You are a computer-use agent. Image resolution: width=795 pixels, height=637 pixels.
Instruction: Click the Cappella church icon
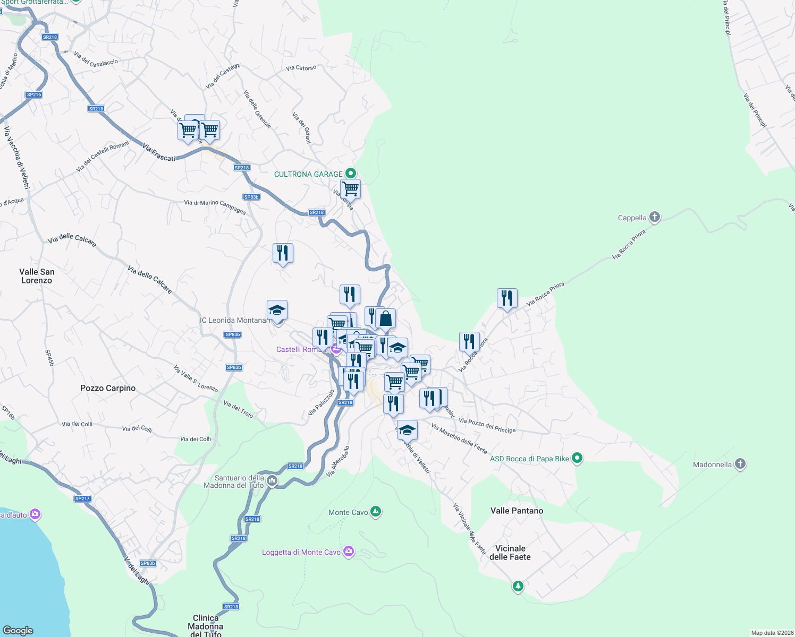[655, 217]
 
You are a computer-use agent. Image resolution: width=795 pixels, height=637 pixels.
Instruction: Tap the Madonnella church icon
[740, 464]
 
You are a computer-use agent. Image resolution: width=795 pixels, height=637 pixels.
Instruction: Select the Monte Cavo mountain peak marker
[376, 512]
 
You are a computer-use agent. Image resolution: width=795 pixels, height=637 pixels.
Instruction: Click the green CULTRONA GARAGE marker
[350, 174]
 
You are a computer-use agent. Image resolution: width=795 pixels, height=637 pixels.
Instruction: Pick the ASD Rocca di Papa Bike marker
[578, 458]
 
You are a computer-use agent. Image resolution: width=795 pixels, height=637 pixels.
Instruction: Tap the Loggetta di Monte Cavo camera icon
[348, 552]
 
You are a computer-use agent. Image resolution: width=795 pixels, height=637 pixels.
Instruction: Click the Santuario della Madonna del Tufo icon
[272, 481]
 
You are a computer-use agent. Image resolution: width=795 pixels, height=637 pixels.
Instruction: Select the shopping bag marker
[386, 319]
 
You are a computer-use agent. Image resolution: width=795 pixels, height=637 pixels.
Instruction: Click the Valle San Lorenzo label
[37, 276]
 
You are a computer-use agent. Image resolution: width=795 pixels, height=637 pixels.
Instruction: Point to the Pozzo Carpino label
[108, 388]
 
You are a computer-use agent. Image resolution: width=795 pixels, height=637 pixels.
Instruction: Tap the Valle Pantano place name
[517, 511]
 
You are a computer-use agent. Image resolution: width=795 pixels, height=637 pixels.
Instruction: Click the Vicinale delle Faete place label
[510, 553]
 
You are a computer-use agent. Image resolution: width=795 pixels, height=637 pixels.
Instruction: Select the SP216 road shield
[33, 94]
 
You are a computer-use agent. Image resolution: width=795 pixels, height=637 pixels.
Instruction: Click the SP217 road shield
[82, 498]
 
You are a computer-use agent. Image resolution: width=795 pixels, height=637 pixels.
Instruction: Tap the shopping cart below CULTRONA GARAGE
[351, 188]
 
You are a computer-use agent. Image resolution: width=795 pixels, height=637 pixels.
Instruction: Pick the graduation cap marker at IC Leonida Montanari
[277, 310]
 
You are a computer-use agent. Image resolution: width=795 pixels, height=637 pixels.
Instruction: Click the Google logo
[18, 630]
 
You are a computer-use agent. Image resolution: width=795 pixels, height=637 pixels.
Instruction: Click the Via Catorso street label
[301, 68]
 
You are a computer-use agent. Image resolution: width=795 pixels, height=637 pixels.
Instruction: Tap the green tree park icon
[518, 586]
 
